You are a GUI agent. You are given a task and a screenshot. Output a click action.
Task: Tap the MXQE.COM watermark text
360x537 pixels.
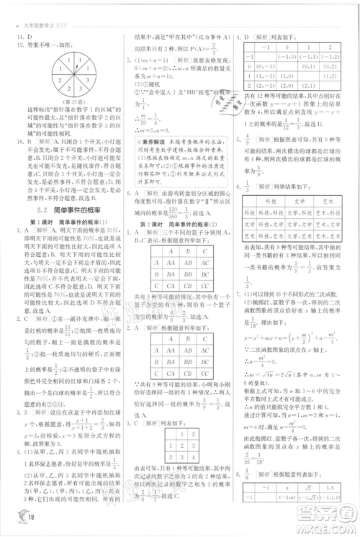(x=322, y=524)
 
